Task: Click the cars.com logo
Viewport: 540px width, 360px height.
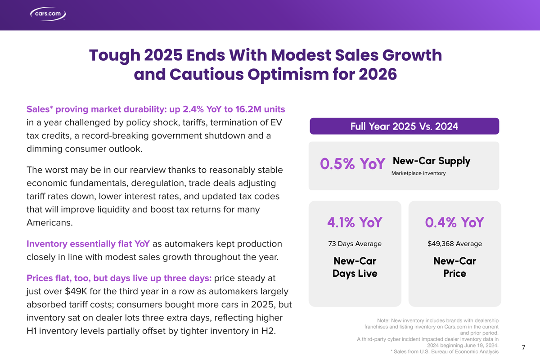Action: coord(48,13)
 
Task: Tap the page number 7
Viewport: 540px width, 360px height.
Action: coord(523,347)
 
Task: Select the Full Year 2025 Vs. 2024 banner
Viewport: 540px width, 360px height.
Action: coord(404,126)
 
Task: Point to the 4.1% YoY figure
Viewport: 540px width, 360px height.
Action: coord(355,222)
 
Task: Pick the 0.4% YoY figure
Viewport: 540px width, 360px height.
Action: coord(454,222)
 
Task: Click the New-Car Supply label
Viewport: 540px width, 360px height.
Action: coord(431,161)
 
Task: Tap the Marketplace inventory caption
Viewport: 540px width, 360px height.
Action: coord(418,173)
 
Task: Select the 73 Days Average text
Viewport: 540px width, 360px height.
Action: coord(355,244)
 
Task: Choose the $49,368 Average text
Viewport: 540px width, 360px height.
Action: coord(454,244)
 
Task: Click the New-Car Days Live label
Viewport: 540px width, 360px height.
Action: coord(355,267)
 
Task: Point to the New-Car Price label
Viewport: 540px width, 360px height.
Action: coord(454,267)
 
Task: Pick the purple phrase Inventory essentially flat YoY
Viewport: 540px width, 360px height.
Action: coord(88,244)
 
